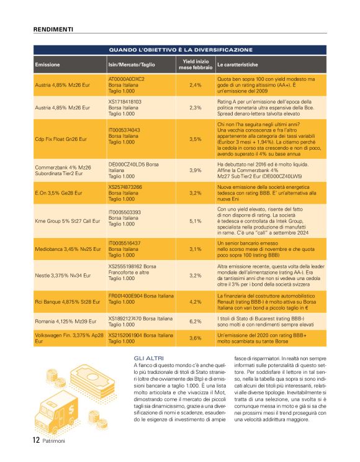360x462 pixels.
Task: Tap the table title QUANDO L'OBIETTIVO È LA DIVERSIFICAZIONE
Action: [x=181, y=50]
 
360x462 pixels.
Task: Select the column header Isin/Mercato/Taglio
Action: [x=132, y=65]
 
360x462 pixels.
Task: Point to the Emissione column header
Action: [x=47, y=65]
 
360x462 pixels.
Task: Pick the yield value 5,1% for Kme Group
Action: [x=195, y=220]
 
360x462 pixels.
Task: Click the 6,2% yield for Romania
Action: [x=195, y=322]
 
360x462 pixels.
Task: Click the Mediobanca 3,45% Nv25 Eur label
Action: [x=68, y=249]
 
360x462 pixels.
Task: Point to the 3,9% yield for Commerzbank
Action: [x=195, y=170]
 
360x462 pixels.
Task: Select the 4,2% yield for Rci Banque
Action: [x=195, y=302]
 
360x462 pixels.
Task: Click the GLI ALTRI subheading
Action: [x=146, y=359]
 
